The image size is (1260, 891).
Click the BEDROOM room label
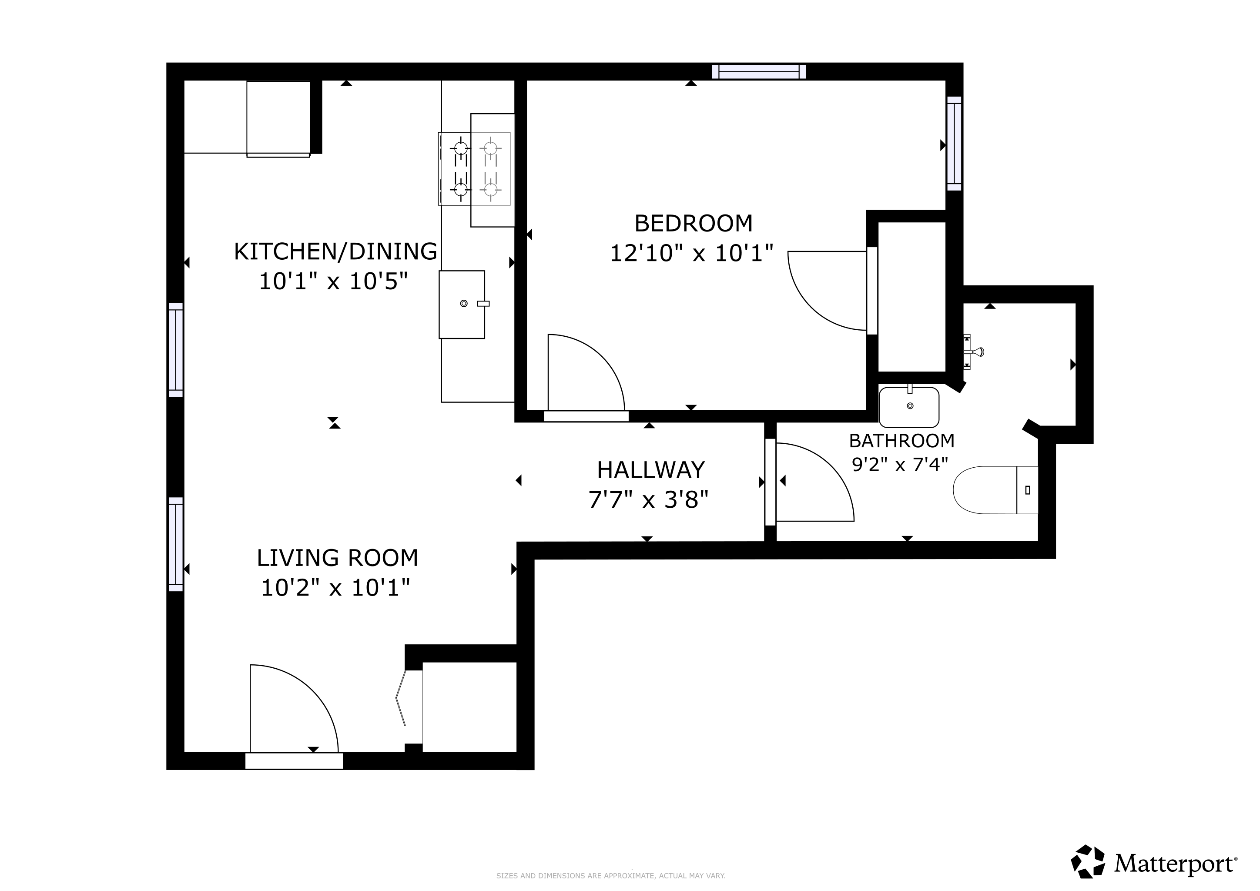(693, 223)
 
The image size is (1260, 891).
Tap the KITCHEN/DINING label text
(335, 251)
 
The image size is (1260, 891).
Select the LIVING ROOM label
(338, 558)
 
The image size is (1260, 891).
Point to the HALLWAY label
(651, 470)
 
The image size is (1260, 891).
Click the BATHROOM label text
(901, 441)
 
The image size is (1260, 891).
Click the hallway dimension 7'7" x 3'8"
(649, 500)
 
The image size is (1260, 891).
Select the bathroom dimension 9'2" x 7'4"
(900, 465)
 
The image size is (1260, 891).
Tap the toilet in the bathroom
(995, 490)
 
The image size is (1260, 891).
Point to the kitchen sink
(462, 305)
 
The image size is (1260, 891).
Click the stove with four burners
(475, 169)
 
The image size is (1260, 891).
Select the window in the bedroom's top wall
(759, 72)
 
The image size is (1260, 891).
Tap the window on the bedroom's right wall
(954, 144)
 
